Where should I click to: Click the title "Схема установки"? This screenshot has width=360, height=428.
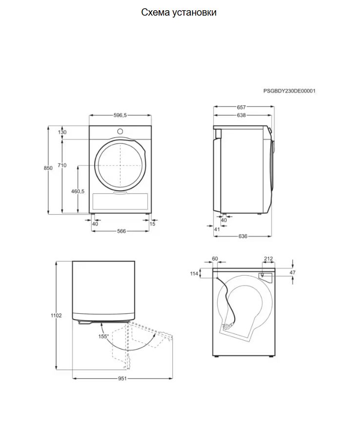pyautogui.click(x=179, y=13)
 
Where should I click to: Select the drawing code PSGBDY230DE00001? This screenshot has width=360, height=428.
pyautogui.click(x=289, y=91)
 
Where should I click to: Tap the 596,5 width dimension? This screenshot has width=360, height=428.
pyautogui.click(x=120, y=115)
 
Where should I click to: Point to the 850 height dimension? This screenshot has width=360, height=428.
pyautogui.click(x=48, y=168)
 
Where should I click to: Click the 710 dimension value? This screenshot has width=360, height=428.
pyautogui.click(x=62, y=165)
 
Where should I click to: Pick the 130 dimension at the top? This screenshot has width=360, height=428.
pyautogui.click(x=62, y=132)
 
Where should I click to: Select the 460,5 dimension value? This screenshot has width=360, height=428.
pyautogui.click(x=78, y=191)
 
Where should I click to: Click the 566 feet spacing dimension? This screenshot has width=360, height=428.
pyautogui.click(x=121, y=231)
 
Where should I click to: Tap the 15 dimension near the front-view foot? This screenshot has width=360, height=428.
pyautogui.click(x=152, y=224)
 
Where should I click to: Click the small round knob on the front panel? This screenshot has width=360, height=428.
pyautogui.click(x=120, y=131)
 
